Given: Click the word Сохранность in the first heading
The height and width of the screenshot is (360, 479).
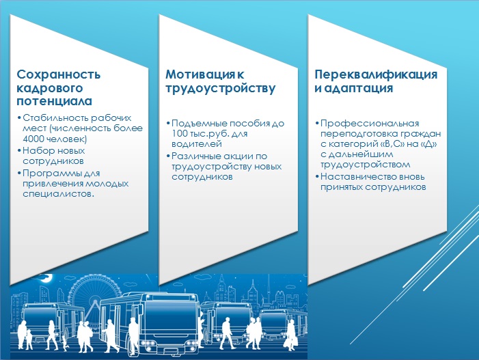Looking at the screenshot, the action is click(x=58, y=74).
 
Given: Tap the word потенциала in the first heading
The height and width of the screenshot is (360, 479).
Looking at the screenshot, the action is click(x=55, y=101).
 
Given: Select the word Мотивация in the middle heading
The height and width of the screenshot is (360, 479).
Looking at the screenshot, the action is click(x=200, y=74).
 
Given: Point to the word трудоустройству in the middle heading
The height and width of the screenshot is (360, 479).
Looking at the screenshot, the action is click(x=220, y=89).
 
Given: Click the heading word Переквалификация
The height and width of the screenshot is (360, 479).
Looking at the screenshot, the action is click(x=376, y=75).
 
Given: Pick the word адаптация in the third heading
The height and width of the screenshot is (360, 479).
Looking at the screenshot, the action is click(x=358, y=89).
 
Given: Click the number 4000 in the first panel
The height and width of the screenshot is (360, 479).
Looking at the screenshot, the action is click(x=33, y=139).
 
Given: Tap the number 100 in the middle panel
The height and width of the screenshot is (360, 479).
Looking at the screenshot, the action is click(x=179, y=133).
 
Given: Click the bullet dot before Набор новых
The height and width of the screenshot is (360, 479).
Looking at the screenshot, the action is click(x=19, y=150).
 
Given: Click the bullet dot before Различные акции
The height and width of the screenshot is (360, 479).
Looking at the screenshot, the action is click(x=168, y=156).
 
